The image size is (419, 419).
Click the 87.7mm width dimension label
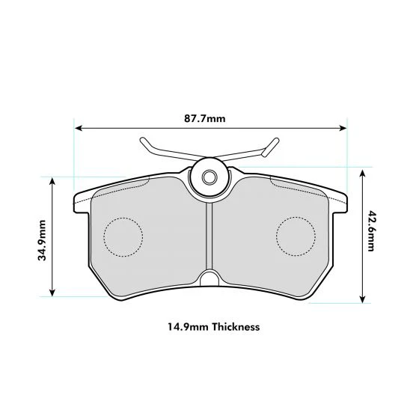tap(205, 118)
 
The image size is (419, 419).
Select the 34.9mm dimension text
tap(42, 240)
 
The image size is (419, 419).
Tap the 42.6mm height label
tap(371, 231)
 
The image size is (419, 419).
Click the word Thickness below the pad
tap(236, 327)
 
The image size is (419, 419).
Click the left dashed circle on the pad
tap(123, 237)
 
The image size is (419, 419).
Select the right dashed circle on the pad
tap(296, 236)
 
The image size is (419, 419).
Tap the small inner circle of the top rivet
tap(209, 177)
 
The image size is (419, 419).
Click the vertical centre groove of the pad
tap(209, 236)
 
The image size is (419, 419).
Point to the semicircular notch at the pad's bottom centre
tap(209, 278)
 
